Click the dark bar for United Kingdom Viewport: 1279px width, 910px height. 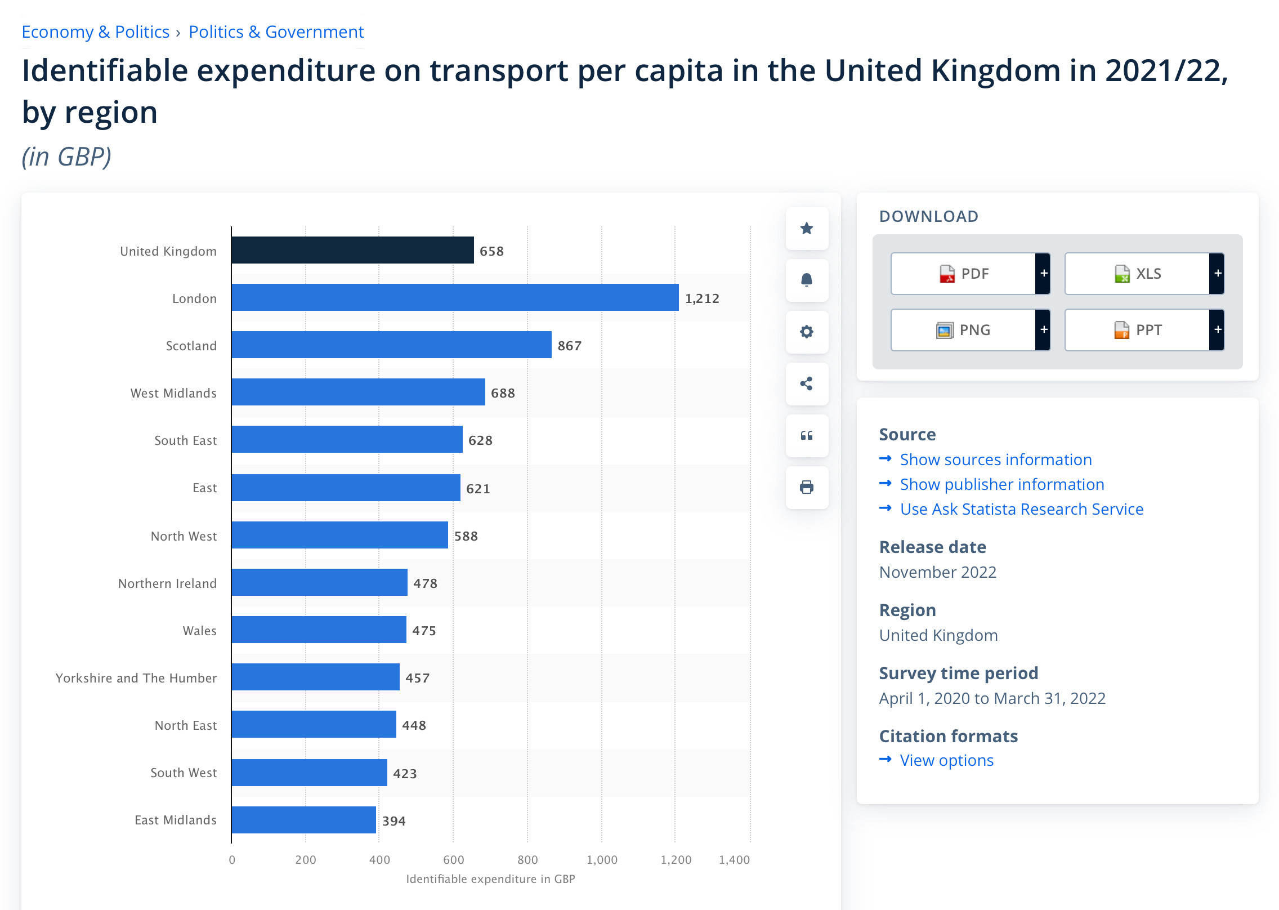click(352, 250)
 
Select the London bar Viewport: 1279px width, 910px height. click(455, 297)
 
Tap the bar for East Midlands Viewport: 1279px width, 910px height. click(304, 820)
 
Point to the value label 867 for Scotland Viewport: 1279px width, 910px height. click(569, 346)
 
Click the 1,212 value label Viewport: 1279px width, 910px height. click(702, 298)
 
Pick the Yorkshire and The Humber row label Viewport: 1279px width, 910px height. click(136, 678)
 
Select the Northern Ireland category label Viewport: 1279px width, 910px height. click(167, 583)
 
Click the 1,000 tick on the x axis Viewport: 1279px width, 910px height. click(602, 860)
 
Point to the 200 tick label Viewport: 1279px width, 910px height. click(306, 860)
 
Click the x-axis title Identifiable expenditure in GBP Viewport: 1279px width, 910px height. click(490, 879)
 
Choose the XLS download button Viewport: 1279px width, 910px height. click(1137, 274)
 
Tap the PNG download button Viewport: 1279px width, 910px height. click(963, 330)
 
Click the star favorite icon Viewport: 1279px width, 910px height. click(807, 229)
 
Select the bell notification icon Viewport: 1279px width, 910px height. click(807, 280)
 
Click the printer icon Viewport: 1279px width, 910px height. click(807, 487)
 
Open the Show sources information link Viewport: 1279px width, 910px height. click(995, 460)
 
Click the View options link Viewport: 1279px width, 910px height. click(946, 760)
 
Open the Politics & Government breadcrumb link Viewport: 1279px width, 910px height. click(276, 32)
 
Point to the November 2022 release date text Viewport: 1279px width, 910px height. click(937, 572)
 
